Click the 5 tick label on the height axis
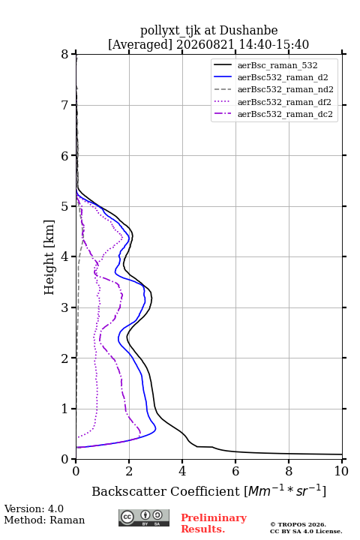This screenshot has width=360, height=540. (x=65, y=206)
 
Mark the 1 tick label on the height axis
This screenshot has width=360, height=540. (x=65, y=409)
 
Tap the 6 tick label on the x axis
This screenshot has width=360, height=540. (x=235, y=471)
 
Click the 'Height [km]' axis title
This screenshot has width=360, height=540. (x=49, y=257)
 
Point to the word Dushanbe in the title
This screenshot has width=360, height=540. (x=248, y=31)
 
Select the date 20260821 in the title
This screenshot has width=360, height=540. (x=205, y=44)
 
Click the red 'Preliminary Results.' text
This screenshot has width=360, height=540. (x=214, y=523)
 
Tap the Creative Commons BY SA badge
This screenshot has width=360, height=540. (x=144, y=518)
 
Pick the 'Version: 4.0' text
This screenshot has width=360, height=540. (x=34, y=508)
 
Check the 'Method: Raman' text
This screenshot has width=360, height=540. (x=44, y=520)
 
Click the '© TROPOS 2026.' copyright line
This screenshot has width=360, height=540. (x=298, y=524)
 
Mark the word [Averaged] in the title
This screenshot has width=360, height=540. (x=139, y=44)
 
